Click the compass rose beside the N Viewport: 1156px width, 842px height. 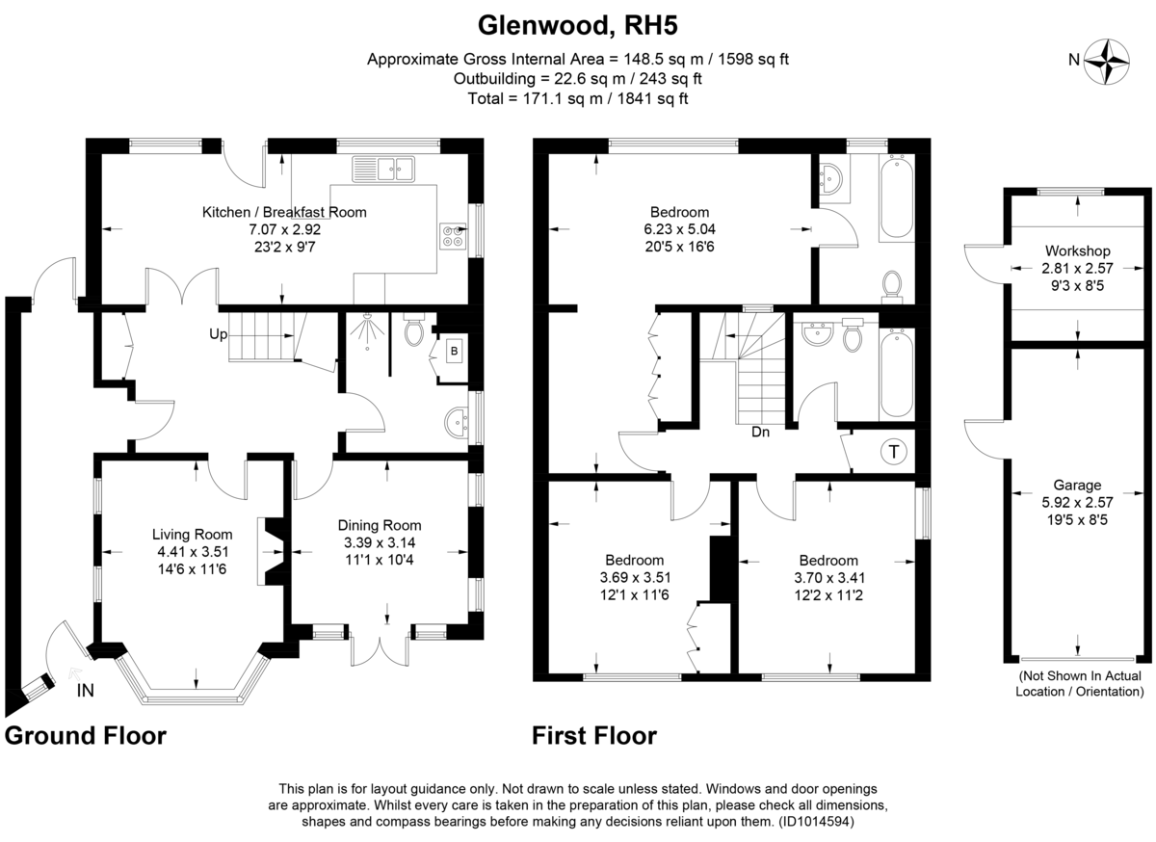coord(1107,60)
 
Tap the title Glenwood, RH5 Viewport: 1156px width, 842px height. coord(577,22)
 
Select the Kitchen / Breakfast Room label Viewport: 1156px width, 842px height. coord(284,212)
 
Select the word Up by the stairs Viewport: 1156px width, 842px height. coord(219,335)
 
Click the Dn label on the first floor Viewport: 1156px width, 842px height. coord(761,433)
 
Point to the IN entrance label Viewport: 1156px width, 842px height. coord(85,691)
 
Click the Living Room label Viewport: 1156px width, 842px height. coord(193,534)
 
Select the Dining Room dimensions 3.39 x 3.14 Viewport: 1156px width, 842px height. coord(380,542)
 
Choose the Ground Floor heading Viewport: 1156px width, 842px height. coord(86,737)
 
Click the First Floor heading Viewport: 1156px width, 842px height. coord(594,737)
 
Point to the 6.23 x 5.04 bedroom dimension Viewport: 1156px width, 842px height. coord(680,229)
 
